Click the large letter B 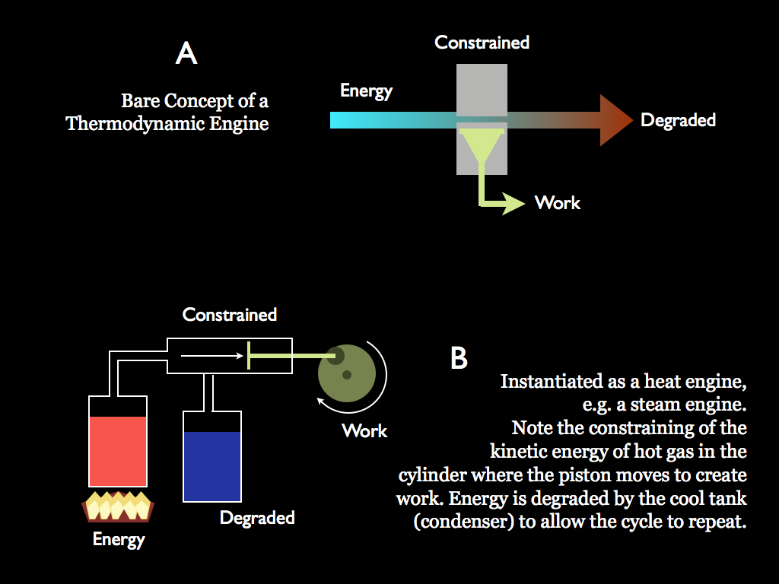pyautogui.click(x=459, y=358)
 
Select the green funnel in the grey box pyautogui.click(x=481, y=144)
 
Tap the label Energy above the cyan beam pyautogui.click(x=366, y=91)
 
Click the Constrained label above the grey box pyautogui.click(x=482, y=43)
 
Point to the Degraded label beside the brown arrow pyautogui.click(x=678, y=120)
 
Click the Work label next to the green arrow pyautogui.click(x=558, y=203)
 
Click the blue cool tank pyautogui.click(x=212, y=465)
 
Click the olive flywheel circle pyautogui.click(x=347, y=373)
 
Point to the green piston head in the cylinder pyautogui.click(x=249, y=355)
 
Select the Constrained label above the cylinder pyautogui.click(x=230, y=315)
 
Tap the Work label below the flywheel pyautogui.click(x=364, y=431)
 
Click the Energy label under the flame pyautogui.click(x=119, y=540)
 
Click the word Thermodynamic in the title pyautogui.click(x=135, y=123)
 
